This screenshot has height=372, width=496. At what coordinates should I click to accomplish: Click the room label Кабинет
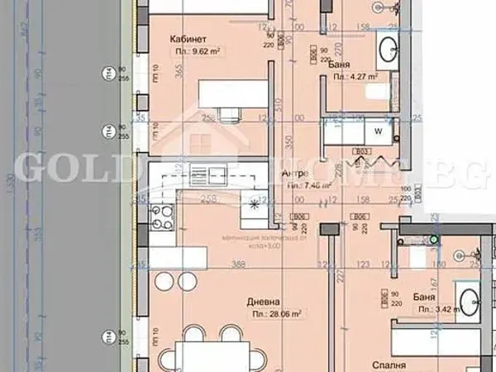(x=188, y=38)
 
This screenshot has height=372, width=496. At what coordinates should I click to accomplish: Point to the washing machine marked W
(x=378, y=131)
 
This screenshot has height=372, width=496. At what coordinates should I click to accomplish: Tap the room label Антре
(x=295, y=174)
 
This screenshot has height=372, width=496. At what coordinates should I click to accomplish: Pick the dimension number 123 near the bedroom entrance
(x=362, y=265)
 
